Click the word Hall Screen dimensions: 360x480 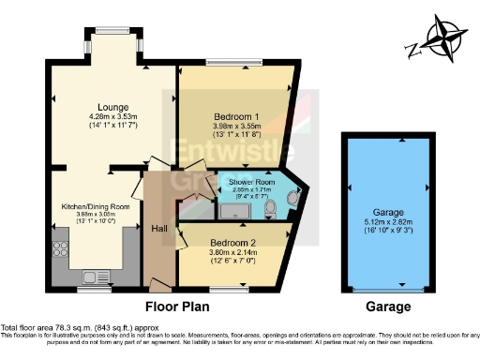pos(160,229)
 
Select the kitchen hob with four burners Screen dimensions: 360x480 pos(57,246)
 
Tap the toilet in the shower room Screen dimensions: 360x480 pos(270,207)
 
